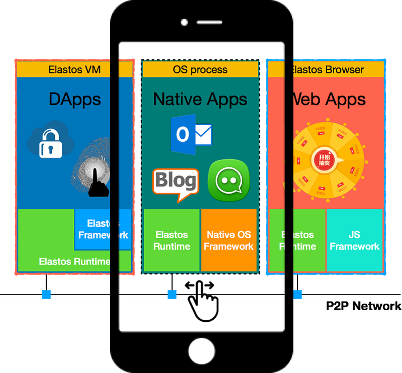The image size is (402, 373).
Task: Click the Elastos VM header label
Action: pos(74,69)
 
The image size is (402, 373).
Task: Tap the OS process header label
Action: pos(200,69)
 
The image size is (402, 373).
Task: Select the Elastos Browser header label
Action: pos(327,69)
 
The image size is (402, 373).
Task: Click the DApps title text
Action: pos(74,99)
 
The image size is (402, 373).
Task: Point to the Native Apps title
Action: pos(200,99)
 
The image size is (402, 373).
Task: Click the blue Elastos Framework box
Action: pos(103,229)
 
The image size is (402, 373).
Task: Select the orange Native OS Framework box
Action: pos(229,240)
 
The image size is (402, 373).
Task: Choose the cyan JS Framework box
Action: pos(354,240)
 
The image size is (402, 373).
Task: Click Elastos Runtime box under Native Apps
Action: pos(171,240)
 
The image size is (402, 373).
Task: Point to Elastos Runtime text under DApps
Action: pos(74,261)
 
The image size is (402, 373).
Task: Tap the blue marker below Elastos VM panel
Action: pos(46,294)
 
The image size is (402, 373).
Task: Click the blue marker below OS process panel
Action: pos(172,294)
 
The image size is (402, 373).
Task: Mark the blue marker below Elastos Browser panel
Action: pos(298,294)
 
